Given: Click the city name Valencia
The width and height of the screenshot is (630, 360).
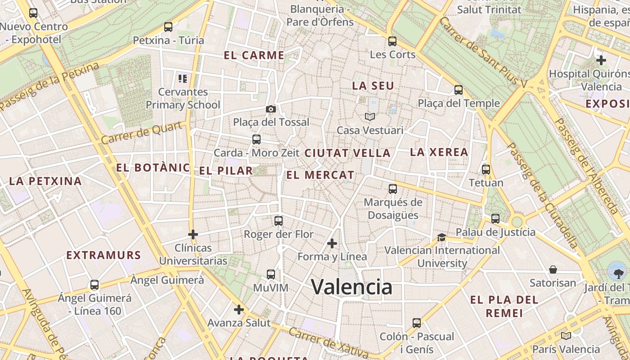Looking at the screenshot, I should point(351,287).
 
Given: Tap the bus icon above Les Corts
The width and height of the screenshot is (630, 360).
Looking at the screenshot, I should point(392,41).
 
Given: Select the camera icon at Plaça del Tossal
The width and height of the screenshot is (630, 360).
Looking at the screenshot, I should point(271,109).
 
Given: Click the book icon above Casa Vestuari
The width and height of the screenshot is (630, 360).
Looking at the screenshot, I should point(370,117).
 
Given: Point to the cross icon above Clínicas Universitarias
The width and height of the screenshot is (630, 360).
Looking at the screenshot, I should point(193,234).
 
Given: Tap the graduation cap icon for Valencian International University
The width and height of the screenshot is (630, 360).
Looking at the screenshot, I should point(441,237).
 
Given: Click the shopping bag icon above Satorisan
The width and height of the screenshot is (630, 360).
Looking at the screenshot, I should point(553,270).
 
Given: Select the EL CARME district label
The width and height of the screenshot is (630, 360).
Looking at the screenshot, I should point(254,55).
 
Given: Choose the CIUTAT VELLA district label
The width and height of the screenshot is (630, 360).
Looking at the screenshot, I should point(347,153).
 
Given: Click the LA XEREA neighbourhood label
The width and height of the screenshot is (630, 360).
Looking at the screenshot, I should point(439,152).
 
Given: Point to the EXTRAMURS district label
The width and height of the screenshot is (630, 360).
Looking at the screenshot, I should point(103,255).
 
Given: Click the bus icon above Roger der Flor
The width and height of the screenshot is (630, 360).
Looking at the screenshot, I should point(279,221).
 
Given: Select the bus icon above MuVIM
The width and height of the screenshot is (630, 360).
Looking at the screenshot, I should point(271,274).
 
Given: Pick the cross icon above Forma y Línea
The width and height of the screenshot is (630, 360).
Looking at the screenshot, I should point(332,243).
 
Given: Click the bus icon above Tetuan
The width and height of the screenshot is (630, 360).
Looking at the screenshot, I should point(486,170).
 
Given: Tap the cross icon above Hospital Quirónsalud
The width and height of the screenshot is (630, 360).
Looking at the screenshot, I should point(601,60).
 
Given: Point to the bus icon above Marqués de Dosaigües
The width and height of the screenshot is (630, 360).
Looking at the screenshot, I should point(393,189).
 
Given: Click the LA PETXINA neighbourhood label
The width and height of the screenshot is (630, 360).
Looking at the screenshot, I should point(45,181).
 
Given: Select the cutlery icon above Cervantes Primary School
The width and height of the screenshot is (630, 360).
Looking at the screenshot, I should point(183,79).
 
